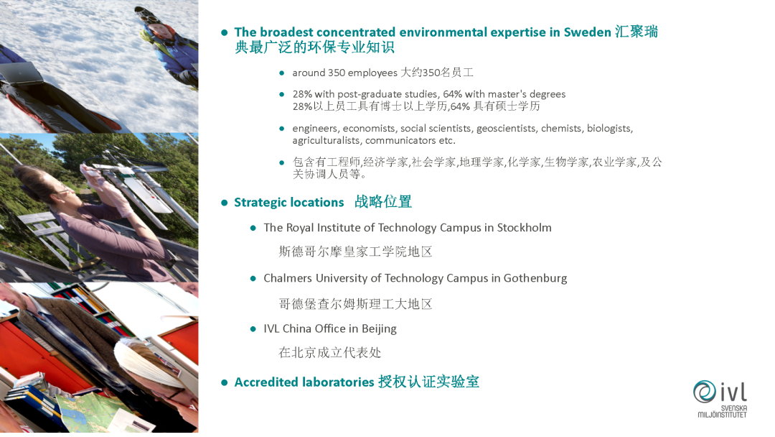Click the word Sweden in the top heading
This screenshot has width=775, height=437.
587,32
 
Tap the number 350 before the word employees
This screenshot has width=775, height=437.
337,73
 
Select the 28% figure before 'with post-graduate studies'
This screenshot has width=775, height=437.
302,94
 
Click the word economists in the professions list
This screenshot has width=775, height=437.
369,129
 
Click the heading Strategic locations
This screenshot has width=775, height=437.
288,203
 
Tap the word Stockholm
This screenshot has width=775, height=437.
524,228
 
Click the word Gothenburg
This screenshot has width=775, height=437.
535,279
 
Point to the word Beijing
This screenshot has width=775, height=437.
379,329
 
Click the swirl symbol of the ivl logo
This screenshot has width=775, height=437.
705,392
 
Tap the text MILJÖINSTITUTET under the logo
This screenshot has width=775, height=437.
722,415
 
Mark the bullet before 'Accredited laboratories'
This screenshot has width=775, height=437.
225,382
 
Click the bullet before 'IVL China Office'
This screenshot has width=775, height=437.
253,329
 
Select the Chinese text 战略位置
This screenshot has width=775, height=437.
383,202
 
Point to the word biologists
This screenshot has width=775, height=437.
610,129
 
